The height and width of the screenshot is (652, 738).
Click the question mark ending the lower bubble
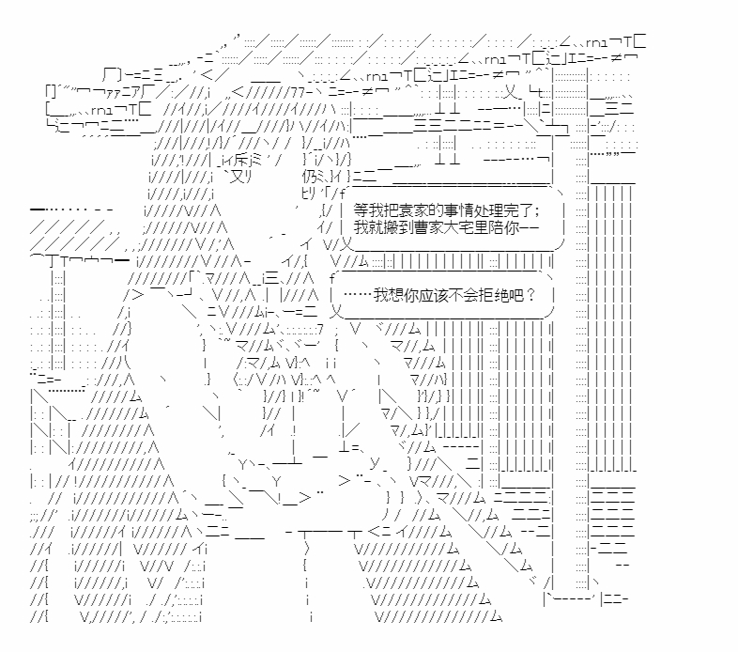click(531, 294)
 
